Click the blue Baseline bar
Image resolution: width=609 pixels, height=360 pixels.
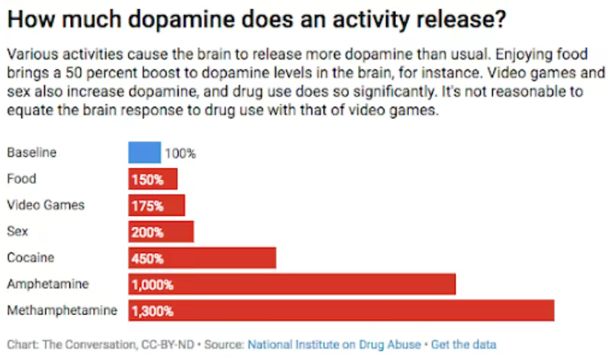pyautogui.click(x=144, y=153)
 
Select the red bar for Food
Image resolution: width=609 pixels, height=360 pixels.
pyautogui.click(x=153, y=179)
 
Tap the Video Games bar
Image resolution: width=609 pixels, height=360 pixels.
pyautogui.click(x=156, y=205)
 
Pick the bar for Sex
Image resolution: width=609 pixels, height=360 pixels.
pyautogui.click(x=161, y=232)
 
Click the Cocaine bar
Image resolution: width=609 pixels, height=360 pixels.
pyautogui.click(x=202, y=258)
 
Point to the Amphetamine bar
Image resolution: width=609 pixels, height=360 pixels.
pyautogui.click(x=292, y=284)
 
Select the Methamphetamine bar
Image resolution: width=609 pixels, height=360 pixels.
pyautogui.click(x=341, y=310)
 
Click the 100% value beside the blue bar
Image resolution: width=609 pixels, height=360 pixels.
pyautogui.click(x=180, y=153)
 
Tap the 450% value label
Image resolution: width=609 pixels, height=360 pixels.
pyautogui.click(x=147, y=258)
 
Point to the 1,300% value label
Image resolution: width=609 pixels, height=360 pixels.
pyautogui.click(x=153, y=310)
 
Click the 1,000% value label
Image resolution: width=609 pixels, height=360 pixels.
pyautogui.click(x=153, y=284)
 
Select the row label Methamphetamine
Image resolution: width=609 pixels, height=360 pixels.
pyautogui.click(x=62, y=310)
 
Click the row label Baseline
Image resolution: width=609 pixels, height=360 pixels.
pyautogui.click(x=31, y=153)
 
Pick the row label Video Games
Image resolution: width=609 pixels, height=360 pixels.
pyautogui.click(x=45, y=205)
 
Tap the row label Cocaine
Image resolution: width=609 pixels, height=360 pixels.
pyautogui.click(x=31, y=258)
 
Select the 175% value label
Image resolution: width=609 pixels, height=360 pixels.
pyautogui.click(x=147, y=205)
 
